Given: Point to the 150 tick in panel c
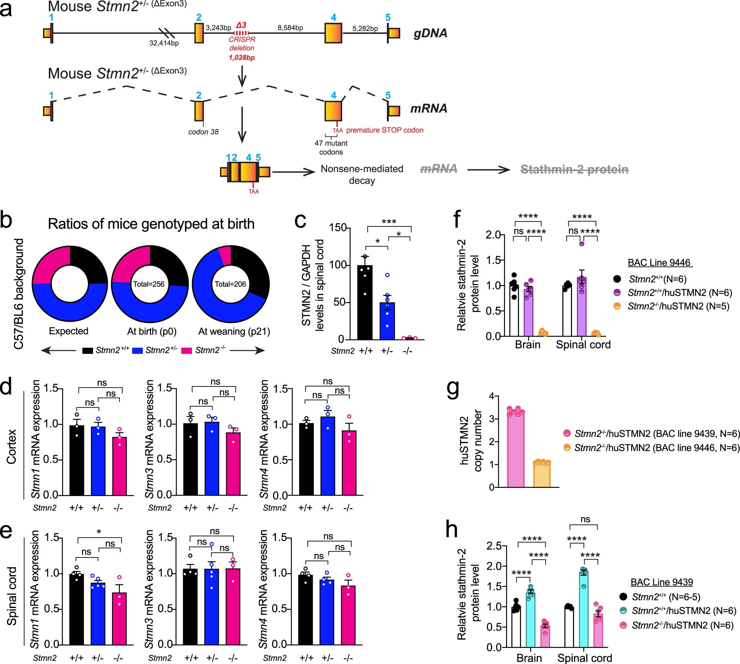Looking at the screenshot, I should tap(338, 228).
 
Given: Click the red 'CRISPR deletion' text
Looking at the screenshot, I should tap(241, 44).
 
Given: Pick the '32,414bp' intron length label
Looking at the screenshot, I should tap(164, 43).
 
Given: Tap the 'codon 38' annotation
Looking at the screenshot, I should tap(203, 132).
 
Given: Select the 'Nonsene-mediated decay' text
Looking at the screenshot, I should tap(362, 174).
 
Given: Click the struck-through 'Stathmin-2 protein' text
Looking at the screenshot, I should tap(574, 169).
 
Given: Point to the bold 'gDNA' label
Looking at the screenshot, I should tap(430, 33).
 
